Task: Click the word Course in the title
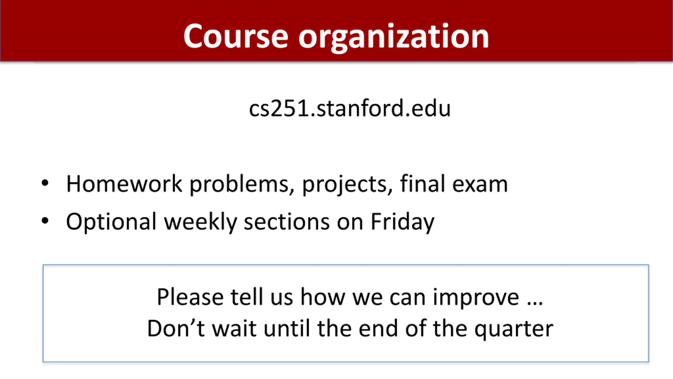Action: coord(236,36)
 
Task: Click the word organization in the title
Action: coord(394,38)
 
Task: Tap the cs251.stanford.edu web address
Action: coord(350,108)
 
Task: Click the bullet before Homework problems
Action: coord(45,183)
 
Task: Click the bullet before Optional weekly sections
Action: coord(45,221)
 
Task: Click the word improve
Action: coord(476,298)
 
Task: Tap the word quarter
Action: coord(514,330)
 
